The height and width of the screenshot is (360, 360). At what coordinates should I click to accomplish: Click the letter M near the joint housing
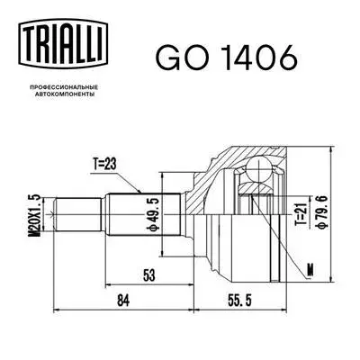310,268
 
